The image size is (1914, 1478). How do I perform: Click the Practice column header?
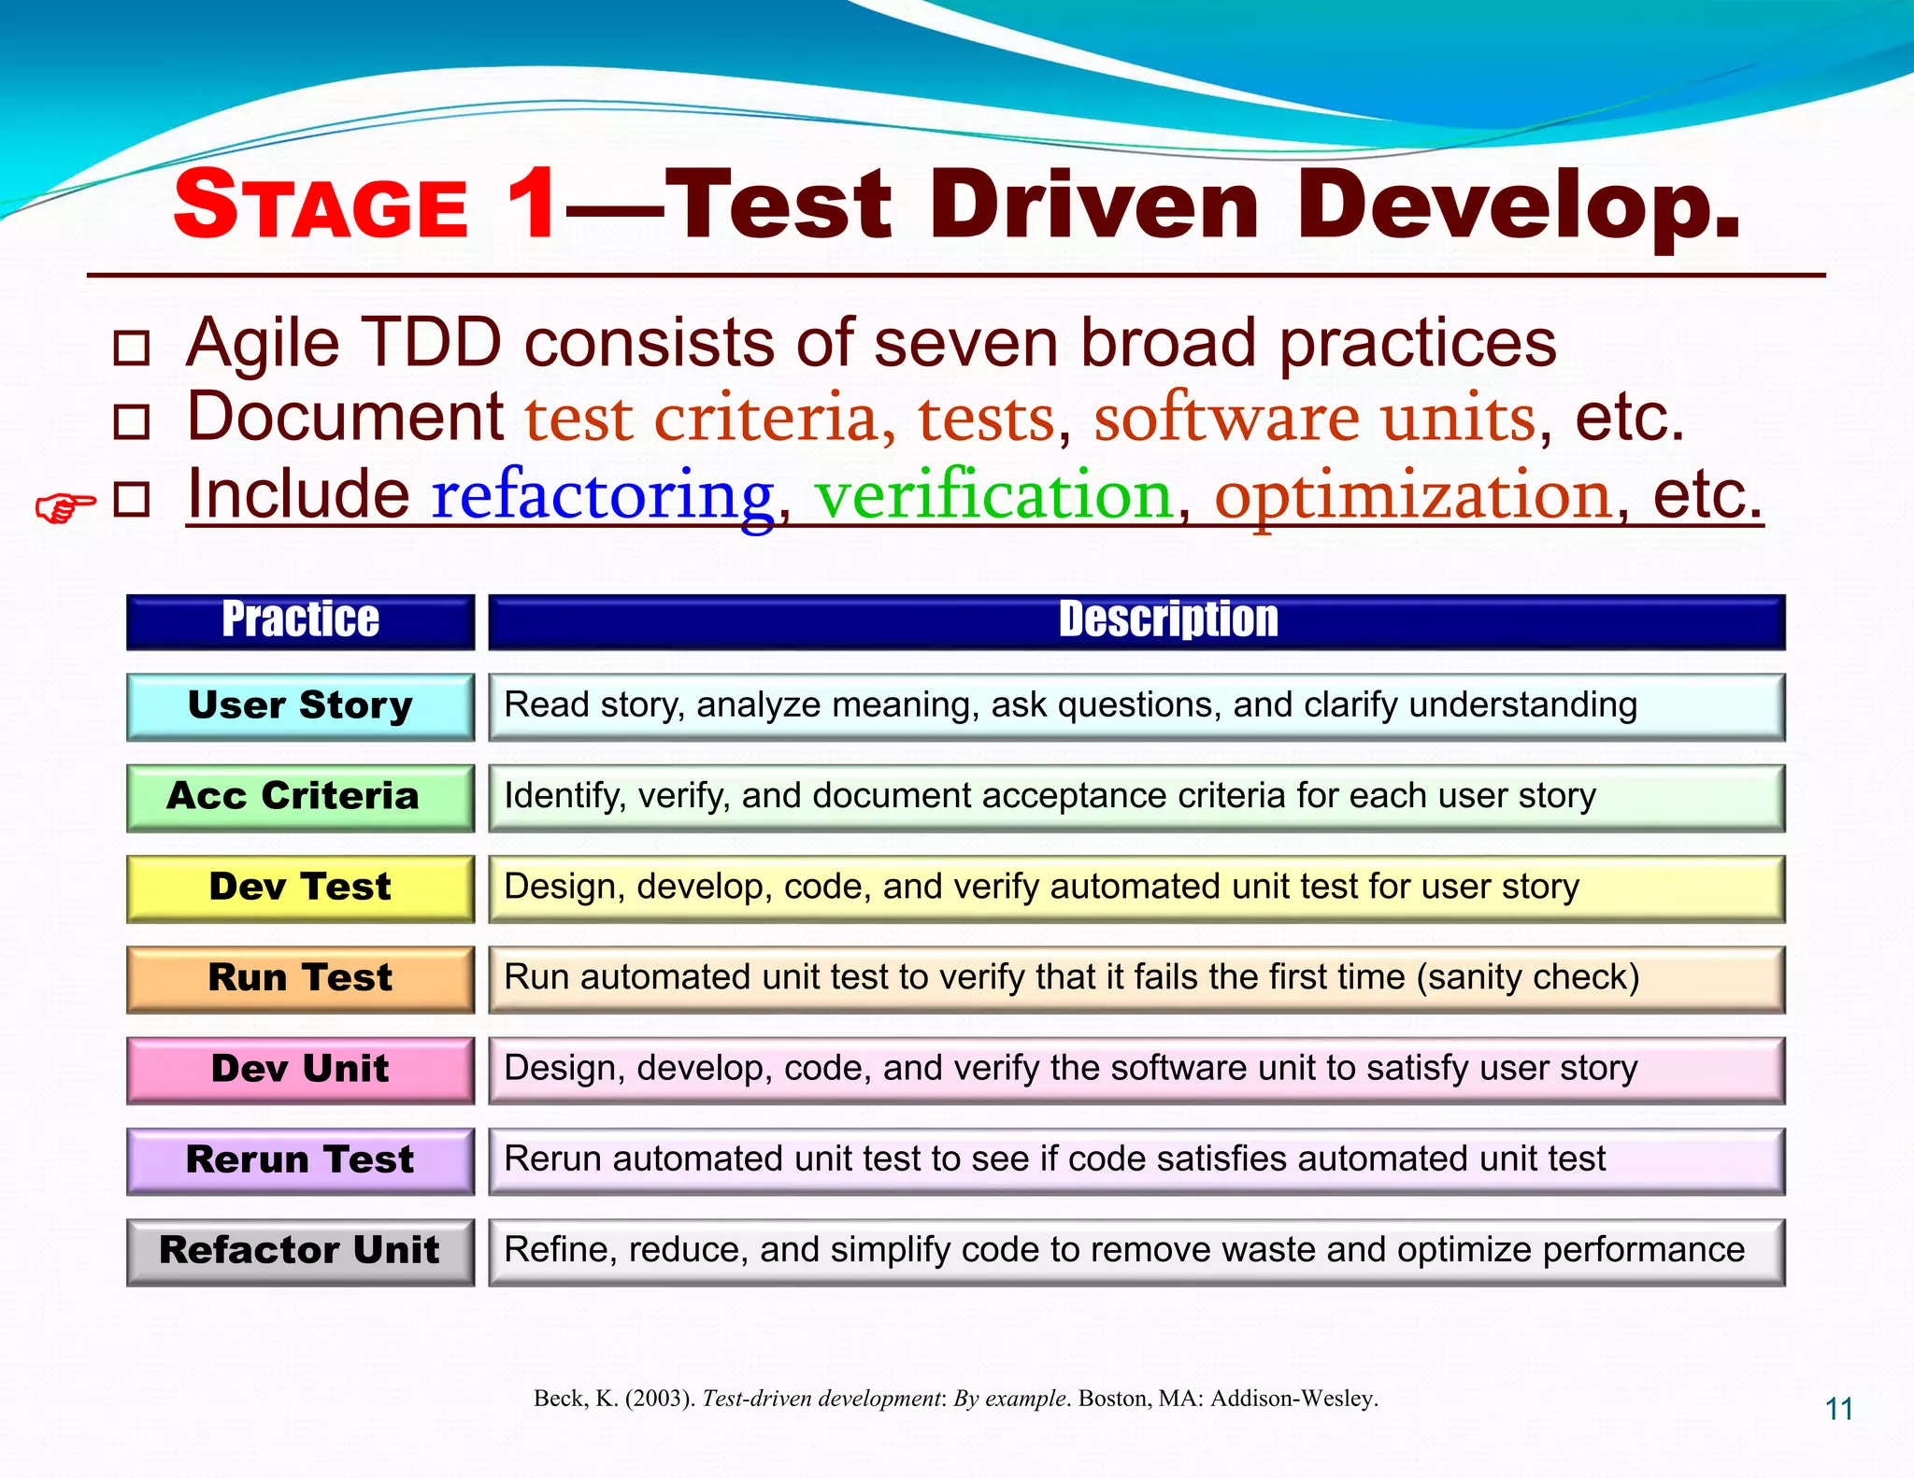pos(300,621)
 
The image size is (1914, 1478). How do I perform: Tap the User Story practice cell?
pos(300,706)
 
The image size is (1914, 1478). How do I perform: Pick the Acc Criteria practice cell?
pos(300,797)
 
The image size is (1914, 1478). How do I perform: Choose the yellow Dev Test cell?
pos(300,888)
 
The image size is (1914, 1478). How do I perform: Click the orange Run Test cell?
pos(300,978)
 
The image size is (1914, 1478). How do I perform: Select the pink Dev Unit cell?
pos(300,1069)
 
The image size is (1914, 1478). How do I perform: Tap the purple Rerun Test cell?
pos(300,1160)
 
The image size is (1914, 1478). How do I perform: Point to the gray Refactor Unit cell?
pos(300,1251)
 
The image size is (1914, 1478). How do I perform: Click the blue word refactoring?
pos(602,495)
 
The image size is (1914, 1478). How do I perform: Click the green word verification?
pos(993,495)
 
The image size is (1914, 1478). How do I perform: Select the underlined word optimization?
pos(1413,495)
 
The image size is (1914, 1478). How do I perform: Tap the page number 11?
pos(1838,1409)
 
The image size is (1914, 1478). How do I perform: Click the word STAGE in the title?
pos(321,206)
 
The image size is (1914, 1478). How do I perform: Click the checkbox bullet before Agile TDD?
pos(131,348)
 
